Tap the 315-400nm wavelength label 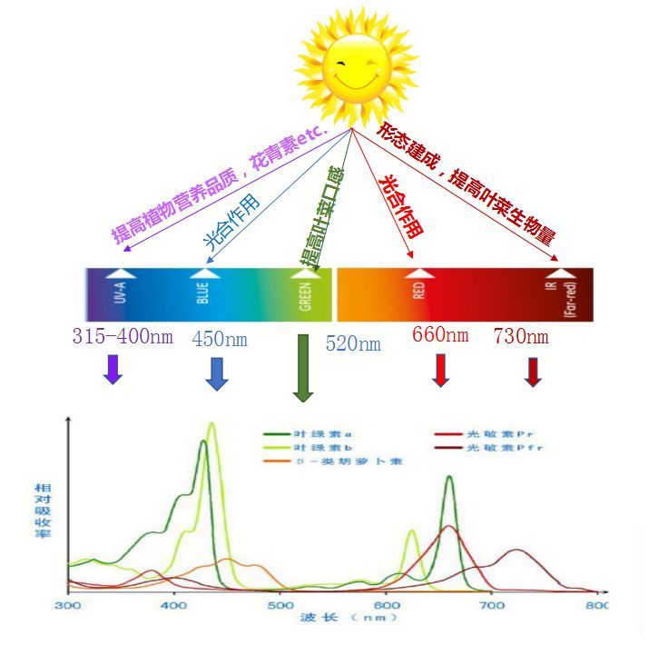[122, 336]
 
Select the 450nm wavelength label [220, 339]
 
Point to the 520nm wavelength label [353, 343]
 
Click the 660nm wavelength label [440, 334]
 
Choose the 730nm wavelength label [521, 336]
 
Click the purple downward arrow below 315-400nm [113, 368]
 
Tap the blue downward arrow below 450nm [216, 373]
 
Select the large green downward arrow [303, 367]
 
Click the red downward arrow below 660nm [441, 369]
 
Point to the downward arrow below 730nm [533, 371]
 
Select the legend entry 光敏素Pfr [490, 447]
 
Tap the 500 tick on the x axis [280, 605]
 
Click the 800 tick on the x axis [596, 605]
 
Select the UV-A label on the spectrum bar [119, 296]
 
